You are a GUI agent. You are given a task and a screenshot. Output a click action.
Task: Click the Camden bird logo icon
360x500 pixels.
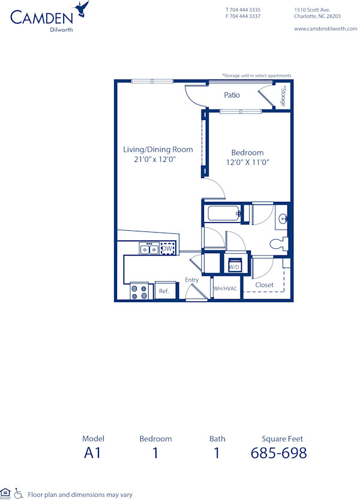click(82, 8)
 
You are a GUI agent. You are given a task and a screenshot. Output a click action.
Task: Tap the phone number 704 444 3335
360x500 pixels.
click(243, 10)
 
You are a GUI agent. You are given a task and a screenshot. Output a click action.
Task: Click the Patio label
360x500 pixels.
click(232, 95)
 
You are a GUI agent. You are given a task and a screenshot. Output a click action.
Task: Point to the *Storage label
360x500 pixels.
click(283, 97)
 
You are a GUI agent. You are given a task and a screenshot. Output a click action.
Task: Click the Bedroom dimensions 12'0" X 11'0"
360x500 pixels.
click(247, 162)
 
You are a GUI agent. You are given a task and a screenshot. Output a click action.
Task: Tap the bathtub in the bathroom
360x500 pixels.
click(223, 213)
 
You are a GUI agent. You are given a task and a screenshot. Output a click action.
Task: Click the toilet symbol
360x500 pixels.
click(279, 244)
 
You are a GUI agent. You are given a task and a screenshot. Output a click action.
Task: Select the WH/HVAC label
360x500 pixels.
click(226, 288)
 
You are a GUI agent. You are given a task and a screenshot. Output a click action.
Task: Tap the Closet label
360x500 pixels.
click(264, 285)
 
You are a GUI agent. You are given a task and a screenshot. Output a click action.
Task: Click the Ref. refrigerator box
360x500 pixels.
click(164, 291)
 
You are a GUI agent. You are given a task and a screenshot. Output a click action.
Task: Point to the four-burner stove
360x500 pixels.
click(140, 291)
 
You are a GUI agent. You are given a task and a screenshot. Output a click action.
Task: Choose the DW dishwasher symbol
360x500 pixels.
click(167, 249)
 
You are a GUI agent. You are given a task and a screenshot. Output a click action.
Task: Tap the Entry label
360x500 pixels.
click(191, 280)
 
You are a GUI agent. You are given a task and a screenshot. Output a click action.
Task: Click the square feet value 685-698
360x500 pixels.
click(278, 453)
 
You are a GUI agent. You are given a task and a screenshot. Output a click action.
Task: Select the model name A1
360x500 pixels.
click(93, 453)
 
